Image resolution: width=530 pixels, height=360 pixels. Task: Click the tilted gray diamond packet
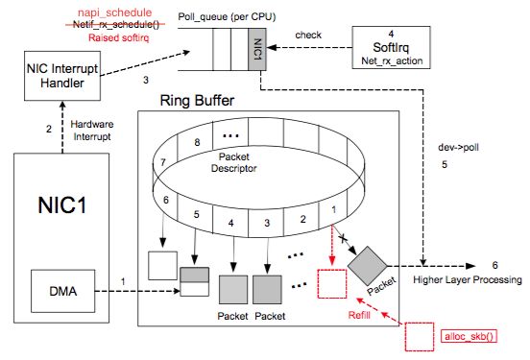pyautogui.click(x=368, y=260)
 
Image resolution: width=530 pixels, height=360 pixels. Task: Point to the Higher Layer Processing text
pyautogui.click(x=468, y=280)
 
